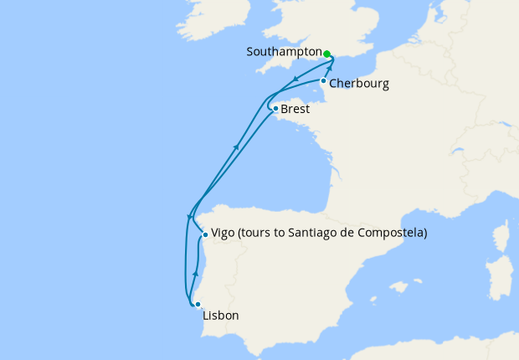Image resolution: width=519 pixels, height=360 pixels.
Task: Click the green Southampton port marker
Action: coord(327,54)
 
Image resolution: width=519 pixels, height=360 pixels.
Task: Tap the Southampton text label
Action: coord(282,52)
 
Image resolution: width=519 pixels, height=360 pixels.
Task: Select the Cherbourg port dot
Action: coord(323,80)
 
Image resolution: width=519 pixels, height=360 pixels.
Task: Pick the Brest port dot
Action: coord(275,108)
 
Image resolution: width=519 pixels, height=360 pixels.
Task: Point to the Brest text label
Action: coord(295,110)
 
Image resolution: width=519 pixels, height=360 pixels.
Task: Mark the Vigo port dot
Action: coord(205,234)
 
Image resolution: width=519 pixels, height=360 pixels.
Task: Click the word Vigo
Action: coord(223,234)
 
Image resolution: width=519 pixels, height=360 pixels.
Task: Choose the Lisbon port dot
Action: coord(198,305)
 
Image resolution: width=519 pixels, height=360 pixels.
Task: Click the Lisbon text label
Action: coord(221,316)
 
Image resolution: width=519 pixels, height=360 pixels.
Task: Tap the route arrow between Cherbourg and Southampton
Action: coord(330,69)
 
